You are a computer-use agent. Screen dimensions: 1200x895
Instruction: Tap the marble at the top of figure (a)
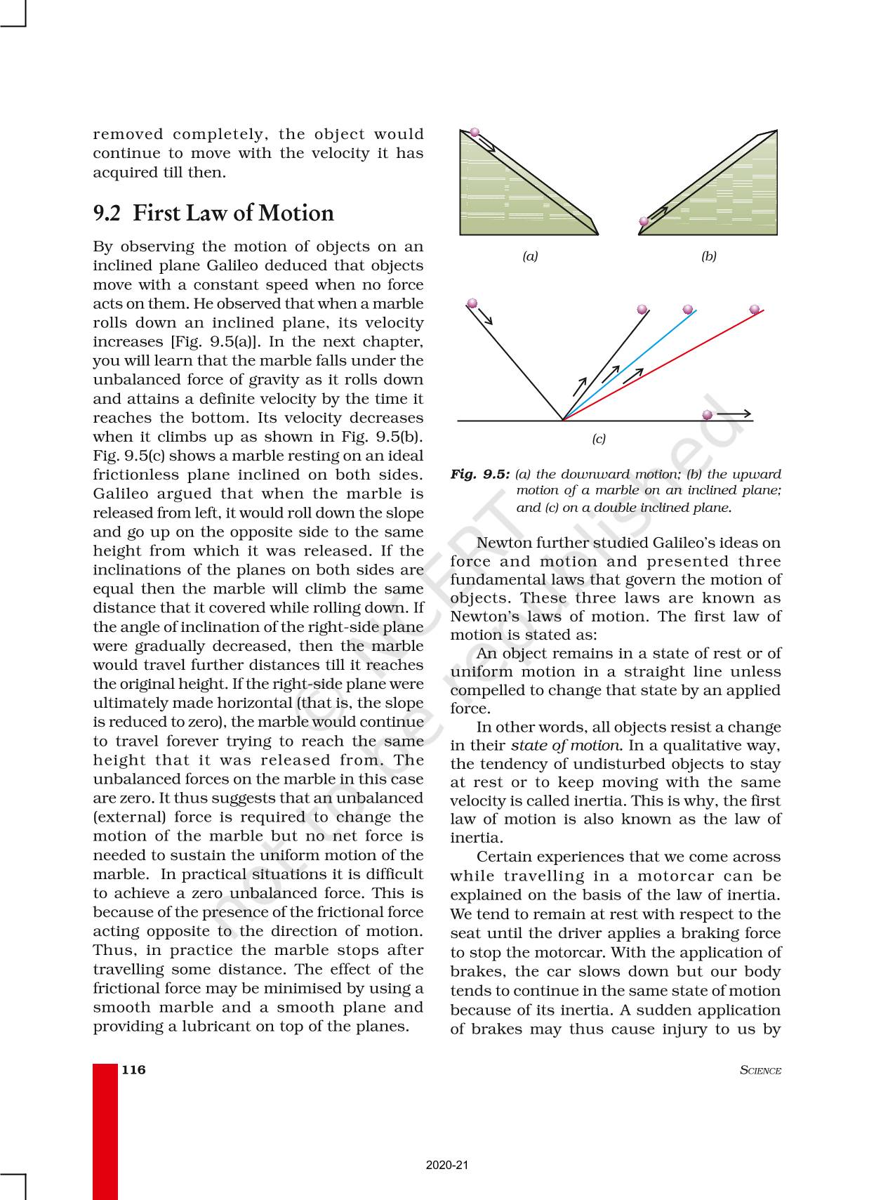[x=475, y=132]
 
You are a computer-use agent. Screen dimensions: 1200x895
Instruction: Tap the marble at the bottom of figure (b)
[x=644, y=222]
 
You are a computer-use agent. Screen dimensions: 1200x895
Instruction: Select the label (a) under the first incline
[x=530, y=256]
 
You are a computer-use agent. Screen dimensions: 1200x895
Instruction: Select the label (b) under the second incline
[x=709, y=256]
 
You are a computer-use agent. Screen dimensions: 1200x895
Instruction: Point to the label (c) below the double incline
[x=598, y=439]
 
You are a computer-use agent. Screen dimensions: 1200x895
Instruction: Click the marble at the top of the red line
[x=755, y=309]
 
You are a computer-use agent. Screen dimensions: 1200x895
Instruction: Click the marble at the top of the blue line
[x=688, y=309]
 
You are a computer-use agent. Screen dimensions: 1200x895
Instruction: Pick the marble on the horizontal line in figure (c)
[x=707, y=415]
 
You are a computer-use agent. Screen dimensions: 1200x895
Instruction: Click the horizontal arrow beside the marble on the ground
[x=734, y=414]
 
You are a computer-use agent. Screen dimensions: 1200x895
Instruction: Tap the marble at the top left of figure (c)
[x=472, y=303]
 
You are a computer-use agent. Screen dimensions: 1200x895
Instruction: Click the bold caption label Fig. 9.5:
[x=480, y=474]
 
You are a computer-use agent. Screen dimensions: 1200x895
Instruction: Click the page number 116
[x=133, y=1069]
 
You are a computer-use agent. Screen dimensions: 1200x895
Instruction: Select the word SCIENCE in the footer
[x=760, y=1070]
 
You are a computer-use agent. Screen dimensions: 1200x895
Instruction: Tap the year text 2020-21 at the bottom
[x=447, y=1165]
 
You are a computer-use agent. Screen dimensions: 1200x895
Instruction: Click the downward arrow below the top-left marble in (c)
[x=485, y=317]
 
